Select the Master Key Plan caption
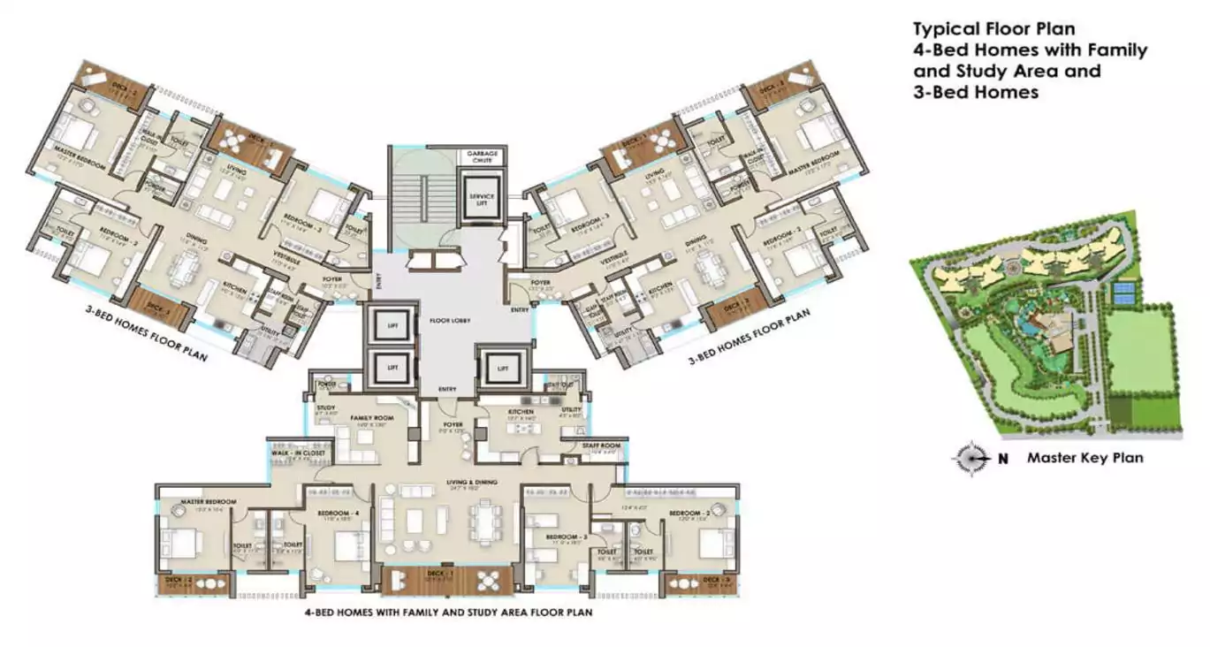pos(1084,458)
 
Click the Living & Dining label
pos(468,482)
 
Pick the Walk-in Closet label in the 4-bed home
pos(298,453)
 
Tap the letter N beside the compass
pos(1003,459)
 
